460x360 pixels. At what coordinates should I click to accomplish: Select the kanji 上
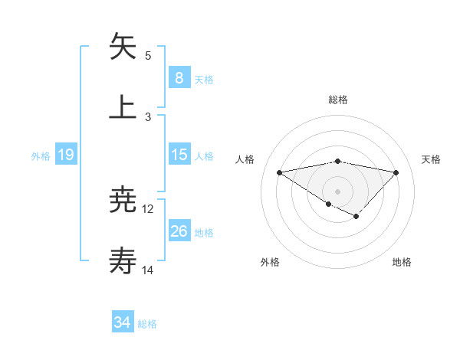pyautogui.click(x=123, y=107)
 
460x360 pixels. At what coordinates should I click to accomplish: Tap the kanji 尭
pyautogui.click(x=123, y=201)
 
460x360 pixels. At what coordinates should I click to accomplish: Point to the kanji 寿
pyautogui.click(x=123, y=262)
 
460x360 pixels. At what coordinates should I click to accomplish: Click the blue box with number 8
pyautogui.click(x=179, y=77)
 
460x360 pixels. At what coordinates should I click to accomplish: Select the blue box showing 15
pyautogui.click(x=179, y=155)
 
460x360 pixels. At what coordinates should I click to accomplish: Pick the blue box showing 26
pyautogui.click(x=179, y=231)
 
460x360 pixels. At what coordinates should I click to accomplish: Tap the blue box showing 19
pyautogui.click(x=66, y=155)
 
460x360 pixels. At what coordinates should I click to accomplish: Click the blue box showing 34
pyautogui.click(x=123, y=323)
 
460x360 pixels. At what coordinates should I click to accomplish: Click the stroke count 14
pyautogui.click(x=148, y=270)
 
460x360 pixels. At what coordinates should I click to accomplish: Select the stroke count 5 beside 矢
pyautogui.click(x=148, y=55)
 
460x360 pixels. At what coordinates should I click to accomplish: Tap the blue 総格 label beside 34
pyautogui.click(x=147, y=324)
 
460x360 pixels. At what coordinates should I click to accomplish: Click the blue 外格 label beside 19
pyautogui.click(x=41, y=155)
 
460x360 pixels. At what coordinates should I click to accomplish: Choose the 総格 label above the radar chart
pyautogui.click(x=338, y=100)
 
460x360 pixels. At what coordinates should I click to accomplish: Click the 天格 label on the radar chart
pyautogui.click(x=432, y=159)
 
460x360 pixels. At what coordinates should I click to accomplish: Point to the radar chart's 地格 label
pyautogui.click(x=402, y=262)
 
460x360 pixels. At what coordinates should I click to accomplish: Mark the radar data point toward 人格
pyautogui.click(x=280, y=172)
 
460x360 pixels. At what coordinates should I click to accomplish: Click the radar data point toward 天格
pyautogui.click(x=396, y=172)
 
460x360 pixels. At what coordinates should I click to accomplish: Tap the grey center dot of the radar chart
pyautogui.click(x=338, y=191)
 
